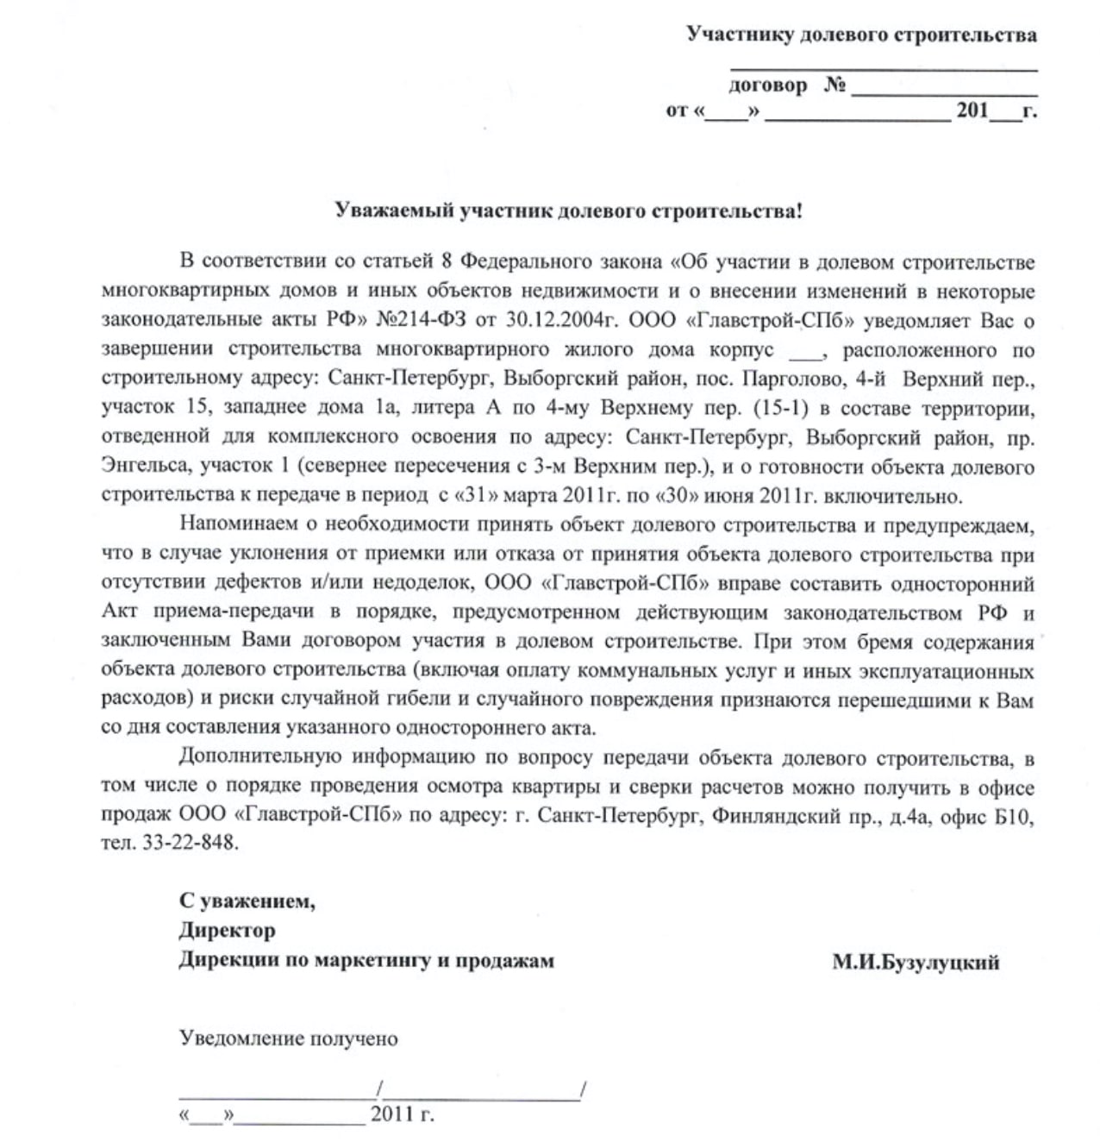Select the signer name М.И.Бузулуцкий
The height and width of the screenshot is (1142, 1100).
coord(916,962)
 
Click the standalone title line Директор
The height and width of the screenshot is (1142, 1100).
coord(228,932)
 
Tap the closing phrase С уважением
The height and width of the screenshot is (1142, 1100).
coord(247,902)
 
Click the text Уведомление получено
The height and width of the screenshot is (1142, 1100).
coord(289,1038)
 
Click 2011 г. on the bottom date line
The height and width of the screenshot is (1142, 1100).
coord(402,1114)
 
